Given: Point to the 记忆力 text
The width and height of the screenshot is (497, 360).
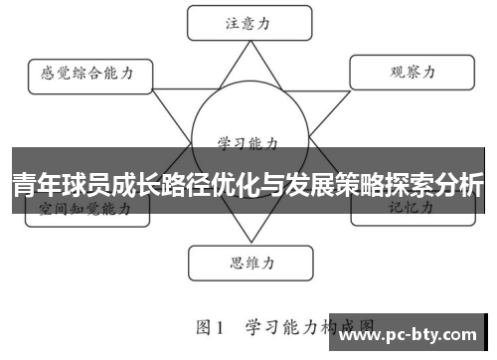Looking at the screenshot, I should click(410, 208).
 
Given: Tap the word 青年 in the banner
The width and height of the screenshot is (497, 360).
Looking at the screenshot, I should click(37, 185).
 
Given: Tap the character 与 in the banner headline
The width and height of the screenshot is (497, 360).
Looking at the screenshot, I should click(260, 185).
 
